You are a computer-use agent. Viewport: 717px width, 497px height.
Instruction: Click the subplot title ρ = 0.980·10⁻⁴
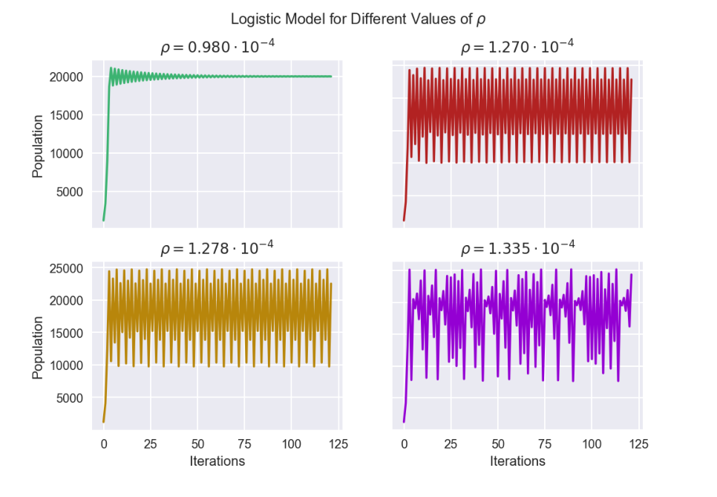click(x=217, y=46)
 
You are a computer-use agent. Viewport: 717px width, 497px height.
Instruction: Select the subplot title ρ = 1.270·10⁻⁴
click(x=517, y=46)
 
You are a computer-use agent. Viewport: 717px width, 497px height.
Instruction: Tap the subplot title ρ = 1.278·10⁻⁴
click(x=217, y=247)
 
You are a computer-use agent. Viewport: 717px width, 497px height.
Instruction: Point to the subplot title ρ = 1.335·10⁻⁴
click(x=517, y=247)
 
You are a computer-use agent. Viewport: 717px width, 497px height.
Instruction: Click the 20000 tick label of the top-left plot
click(x=66, y=77)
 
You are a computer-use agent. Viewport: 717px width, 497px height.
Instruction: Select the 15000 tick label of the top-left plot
click(x=66, y=115)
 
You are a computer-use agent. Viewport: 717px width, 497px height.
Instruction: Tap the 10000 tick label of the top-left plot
click(x=66, y=154)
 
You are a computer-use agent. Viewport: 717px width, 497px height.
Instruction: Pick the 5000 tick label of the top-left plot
click(x=70, y=192)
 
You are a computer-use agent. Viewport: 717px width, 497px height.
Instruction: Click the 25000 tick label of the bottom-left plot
click(x=66, y=268)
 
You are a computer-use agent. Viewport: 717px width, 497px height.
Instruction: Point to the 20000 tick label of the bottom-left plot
click(x=66, y=301)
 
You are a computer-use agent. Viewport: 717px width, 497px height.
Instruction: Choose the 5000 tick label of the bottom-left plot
click(x=70, y=398)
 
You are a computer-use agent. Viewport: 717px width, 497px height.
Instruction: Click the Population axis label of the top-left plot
click(x=38, y=146)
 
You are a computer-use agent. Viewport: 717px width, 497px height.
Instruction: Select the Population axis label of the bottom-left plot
click(x=38, y=348)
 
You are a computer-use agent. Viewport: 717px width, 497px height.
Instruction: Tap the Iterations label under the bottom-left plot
click(x=217, y=461)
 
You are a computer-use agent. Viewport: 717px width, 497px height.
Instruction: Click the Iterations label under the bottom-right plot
click(x=517, y=461)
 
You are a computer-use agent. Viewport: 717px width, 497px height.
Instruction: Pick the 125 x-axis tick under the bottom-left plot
click(x=338, y=444)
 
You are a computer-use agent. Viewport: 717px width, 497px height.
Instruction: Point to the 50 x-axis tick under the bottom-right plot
click(x=498, y=444)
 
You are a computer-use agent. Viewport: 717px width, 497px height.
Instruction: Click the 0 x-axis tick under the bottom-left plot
click(x=104, y=444)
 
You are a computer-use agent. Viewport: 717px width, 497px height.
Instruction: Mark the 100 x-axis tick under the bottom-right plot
click(x=592, y=444)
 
